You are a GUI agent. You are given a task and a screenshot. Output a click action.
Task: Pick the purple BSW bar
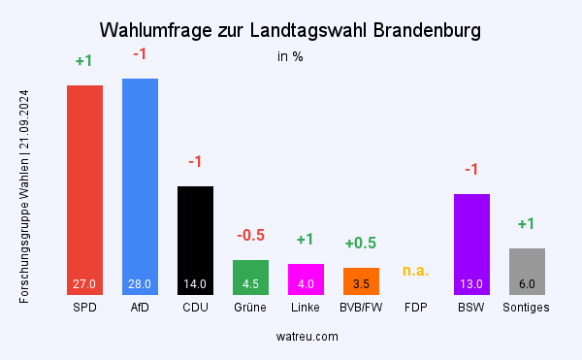[471, 244]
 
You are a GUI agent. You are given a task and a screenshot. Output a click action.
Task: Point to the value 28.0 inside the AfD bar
[140, 284]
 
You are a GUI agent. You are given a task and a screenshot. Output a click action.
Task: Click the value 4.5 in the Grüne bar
[250, 284]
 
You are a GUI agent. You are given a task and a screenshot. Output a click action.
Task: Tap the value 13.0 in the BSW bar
[471, 284]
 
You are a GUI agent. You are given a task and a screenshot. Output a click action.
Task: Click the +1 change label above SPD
[84, 61]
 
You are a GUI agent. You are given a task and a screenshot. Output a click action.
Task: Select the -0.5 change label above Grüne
[250, 236]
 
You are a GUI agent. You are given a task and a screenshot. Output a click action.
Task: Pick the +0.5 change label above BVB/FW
[361, 243]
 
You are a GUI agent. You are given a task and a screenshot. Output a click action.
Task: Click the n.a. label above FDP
[416, 270]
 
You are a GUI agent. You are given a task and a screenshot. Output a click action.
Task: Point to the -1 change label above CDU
[195, 161]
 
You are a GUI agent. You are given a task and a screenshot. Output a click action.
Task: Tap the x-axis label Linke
[306, 308]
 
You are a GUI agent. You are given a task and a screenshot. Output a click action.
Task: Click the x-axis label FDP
[416, 308]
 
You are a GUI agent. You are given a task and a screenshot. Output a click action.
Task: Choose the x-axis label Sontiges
[527, 308]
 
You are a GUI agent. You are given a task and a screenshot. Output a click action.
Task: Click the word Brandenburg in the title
[422, 31]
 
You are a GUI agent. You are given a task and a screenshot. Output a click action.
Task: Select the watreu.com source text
[306, 336]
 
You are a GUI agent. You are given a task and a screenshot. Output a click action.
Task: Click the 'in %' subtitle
[290, 56]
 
